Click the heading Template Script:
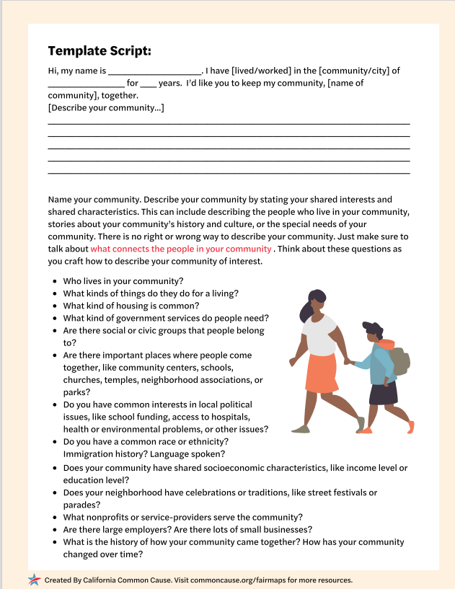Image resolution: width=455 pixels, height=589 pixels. [x=100, y=50]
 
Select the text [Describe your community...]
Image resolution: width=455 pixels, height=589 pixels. [x=106, y=108]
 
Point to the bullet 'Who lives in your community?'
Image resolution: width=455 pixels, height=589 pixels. [x=123, y=281]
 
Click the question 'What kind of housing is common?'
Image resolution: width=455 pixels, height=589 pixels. [x=131, y=306]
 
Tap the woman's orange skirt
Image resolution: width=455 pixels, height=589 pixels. [x=321, y=373]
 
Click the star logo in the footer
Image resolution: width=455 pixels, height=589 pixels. [x=34, y=579]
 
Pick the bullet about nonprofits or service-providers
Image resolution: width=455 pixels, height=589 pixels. [x=183, y=517]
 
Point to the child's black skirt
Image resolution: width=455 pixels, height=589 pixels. [x=383, y=394]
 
